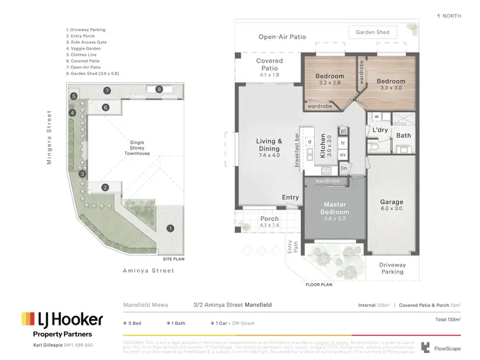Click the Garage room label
coord(391,206)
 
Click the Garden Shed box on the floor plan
coord(372,32)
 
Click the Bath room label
coord(403,136)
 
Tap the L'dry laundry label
coord(381,131)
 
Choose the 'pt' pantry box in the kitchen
coord(343,131)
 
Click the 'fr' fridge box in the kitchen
coord(343,143)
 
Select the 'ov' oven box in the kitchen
coord(343,155)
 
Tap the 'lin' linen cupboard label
coord(343,168)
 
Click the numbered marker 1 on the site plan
coord(170,228)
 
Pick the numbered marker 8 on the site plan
coord(159,90)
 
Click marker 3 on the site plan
coord(82,174)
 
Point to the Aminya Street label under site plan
coord(148,271)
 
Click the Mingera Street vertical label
coord(49,137)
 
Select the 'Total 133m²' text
coord(447,318)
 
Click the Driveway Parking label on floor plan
coord(392,268)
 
